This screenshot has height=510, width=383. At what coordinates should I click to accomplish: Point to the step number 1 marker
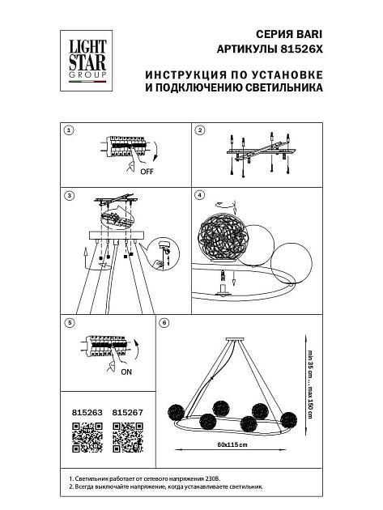point(70,130)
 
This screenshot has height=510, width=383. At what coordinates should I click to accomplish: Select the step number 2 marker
point(199,130)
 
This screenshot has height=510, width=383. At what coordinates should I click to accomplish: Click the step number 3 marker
point(70,195)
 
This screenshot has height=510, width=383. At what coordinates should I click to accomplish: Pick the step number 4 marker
point(199,195)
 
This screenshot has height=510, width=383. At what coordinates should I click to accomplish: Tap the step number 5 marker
point(70,323)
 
